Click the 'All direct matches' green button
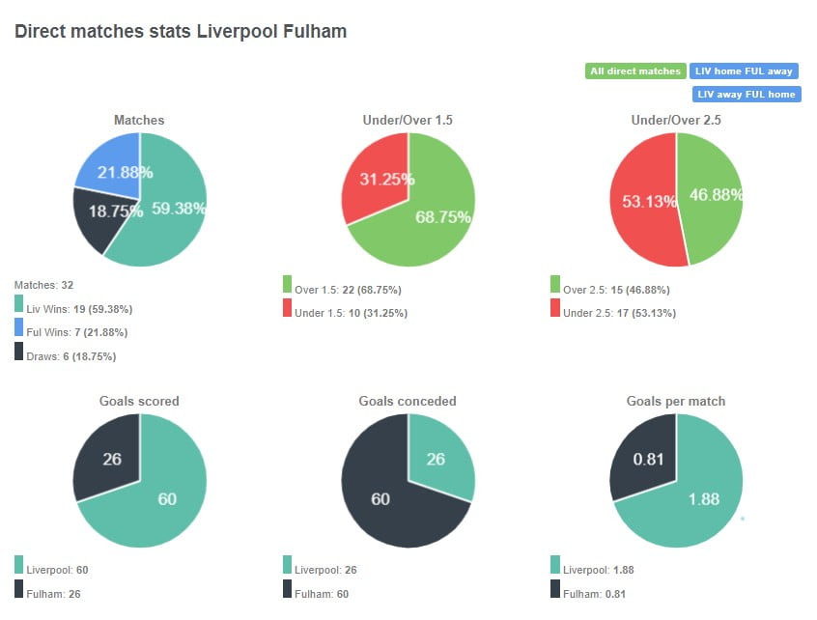point(635,71)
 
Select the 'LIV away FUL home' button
point(746,95)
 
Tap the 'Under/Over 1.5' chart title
point(407,121)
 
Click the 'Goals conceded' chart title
point(407,401)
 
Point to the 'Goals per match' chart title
point(675,401)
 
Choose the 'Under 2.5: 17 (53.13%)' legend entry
point(619,313)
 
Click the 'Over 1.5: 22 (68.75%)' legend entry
point(349,290)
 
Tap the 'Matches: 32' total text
point(44,286)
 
